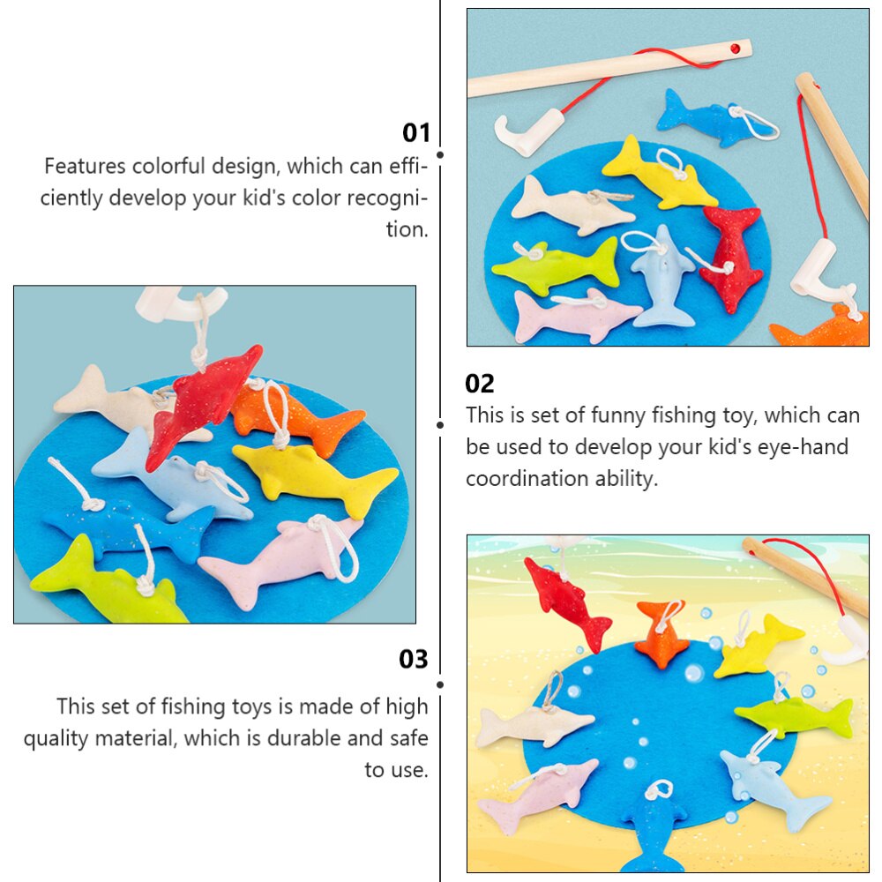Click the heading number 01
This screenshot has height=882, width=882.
[x=416, y=133]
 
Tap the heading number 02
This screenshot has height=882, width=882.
[x=480, y=384]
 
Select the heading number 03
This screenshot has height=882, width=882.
[x=414, y=659]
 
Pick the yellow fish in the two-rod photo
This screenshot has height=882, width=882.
[x=658, y=174]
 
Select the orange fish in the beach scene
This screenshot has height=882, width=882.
[x=662, y=632]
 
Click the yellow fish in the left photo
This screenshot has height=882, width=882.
[x=315, y=476]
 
